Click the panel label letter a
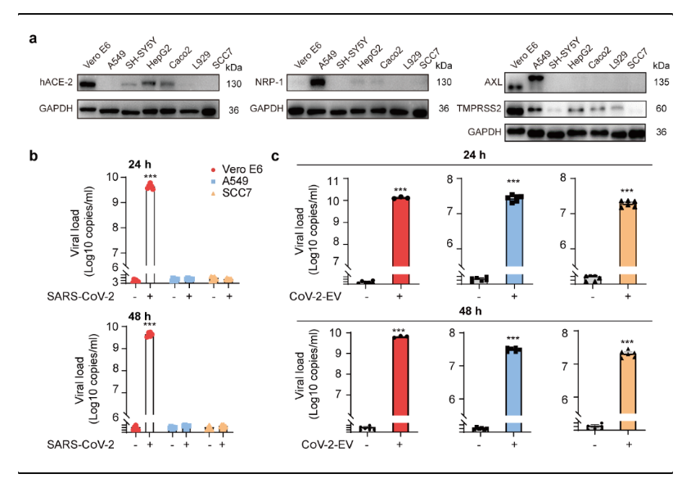34,38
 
